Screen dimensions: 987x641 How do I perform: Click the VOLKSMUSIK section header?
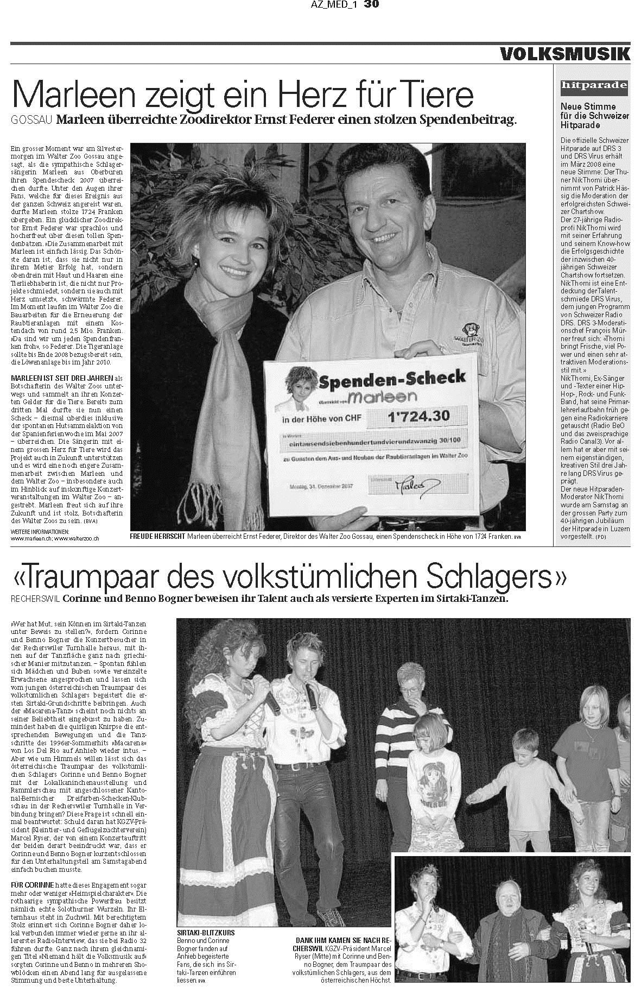tap(564, 54)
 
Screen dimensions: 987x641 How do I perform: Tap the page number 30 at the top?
tap(371, 4)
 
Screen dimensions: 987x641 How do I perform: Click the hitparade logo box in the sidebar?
tap(593, 85)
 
